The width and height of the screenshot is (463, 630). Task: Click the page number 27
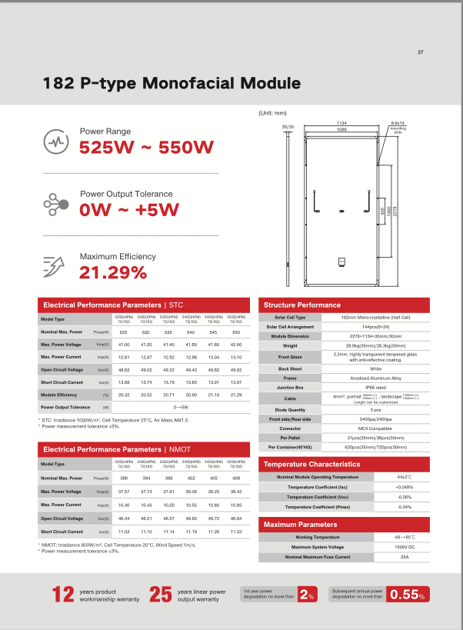pos(421,52)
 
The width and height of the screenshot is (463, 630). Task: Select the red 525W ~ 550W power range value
pos(146,148)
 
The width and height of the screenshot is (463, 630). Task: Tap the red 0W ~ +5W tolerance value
pos(130,210)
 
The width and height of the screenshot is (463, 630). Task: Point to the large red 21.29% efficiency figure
pos(113,272)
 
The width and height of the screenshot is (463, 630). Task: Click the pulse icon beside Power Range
pos(58,142)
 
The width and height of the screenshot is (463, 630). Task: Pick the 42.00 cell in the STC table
pos(236,344)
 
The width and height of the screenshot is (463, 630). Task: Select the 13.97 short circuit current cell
pos(236,382)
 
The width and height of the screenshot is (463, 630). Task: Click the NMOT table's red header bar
pos(145,448)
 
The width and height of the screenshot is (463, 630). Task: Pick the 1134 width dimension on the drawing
pos(341,123)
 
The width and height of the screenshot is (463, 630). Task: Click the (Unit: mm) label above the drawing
pos(273,113)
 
